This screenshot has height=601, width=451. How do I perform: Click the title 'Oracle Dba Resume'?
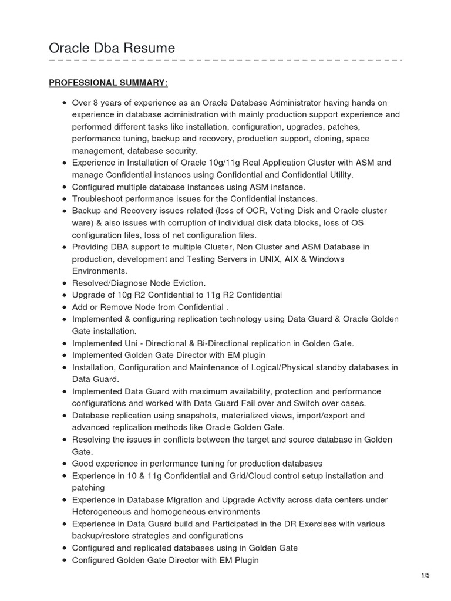[112, 48]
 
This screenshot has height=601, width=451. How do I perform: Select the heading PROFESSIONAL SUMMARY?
[108, 82]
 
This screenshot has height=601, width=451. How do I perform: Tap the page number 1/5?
[426, 575]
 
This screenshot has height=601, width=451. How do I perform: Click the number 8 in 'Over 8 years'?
[96, 103]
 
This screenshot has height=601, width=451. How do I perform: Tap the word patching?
[88, 488]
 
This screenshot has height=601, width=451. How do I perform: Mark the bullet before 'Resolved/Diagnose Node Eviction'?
[63, 283]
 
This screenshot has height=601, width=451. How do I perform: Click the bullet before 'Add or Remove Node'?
[63, 307]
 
